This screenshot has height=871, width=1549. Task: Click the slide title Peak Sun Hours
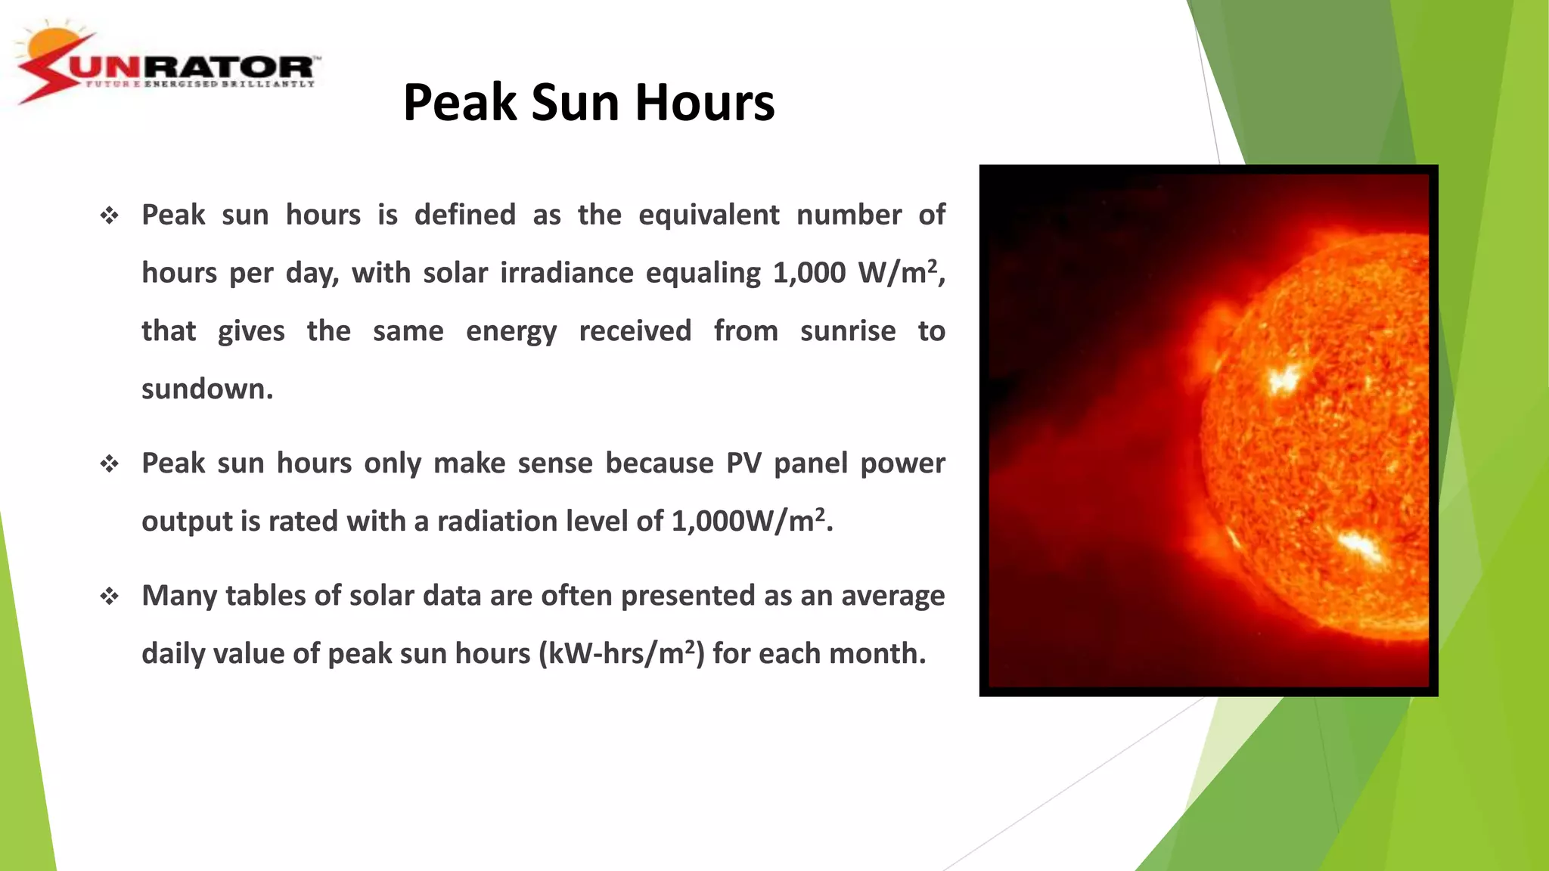(588, 103)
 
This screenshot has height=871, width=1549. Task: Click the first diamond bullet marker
(110, 216)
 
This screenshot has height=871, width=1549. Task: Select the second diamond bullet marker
(110, 463)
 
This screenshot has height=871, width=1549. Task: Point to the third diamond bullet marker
(110, 597)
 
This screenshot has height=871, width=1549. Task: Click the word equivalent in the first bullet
(708, 215)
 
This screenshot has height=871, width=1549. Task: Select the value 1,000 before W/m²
(809, 273)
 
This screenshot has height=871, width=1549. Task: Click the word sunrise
(847, 331)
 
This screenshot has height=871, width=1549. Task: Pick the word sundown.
(206, 389)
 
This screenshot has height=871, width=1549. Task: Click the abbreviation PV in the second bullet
(743, 463)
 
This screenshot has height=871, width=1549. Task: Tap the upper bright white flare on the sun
(1283, 378)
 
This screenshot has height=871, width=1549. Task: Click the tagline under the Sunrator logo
(200, 84)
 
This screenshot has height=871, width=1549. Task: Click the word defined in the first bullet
(464, 215)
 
